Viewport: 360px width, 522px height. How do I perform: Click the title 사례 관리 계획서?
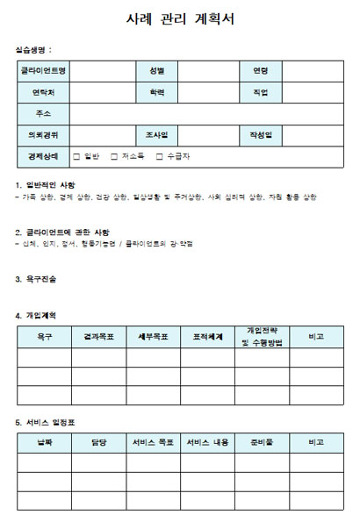179,19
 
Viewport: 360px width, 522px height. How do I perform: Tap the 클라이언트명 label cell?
43,71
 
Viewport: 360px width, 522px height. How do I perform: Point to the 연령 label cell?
260,71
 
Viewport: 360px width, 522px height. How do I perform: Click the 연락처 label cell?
43,92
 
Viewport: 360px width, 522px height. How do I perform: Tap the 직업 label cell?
260,92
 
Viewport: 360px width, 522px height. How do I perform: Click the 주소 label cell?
43,114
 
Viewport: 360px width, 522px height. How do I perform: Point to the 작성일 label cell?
260,135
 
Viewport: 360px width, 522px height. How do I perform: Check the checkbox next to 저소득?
114,156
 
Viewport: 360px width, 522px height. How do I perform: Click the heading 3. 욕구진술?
36,279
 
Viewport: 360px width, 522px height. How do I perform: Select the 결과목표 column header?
97,336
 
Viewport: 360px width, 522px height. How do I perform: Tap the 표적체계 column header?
207,336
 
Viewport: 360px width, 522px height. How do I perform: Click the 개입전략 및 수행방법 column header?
261,336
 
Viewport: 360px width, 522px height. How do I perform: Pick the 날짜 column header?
44,443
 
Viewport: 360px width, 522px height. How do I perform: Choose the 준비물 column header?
261,443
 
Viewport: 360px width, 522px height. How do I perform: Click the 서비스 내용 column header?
207,443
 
